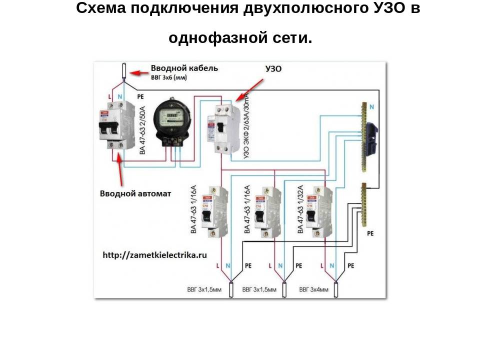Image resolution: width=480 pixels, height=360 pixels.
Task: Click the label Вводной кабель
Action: click(184, 68)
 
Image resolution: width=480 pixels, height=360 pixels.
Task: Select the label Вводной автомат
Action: click(135, 193)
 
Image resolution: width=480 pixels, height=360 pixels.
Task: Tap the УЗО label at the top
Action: click(272, 69)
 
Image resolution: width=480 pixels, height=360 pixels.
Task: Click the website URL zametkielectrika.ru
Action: click(154, 254)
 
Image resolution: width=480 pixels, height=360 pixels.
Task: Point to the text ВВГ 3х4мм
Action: click(313, 289)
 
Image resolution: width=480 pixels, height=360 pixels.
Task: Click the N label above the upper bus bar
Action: click(371, 106)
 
